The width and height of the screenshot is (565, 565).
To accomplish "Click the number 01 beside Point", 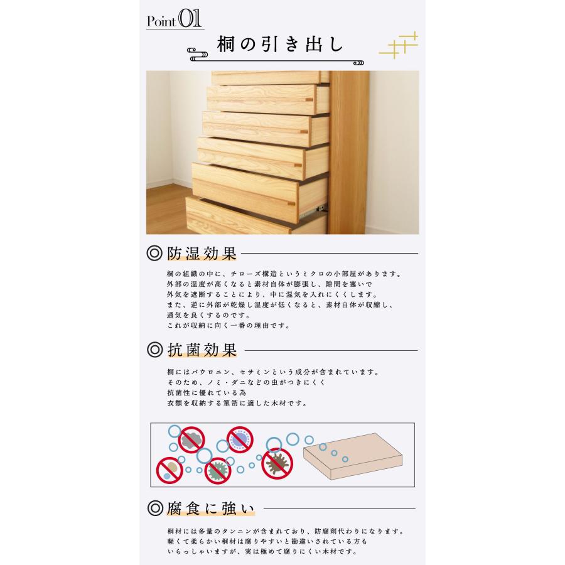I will (190, 18).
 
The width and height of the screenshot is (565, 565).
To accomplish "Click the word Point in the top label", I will (161, 21).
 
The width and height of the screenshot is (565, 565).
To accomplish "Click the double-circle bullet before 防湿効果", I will (154, 254).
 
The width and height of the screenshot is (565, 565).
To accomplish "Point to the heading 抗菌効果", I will (202, 350).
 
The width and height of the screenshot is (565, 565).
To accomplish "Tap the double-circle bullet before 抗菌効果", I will (154, 350).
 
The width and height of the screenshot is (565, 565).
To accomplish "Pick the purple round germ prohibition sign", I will (239, 440).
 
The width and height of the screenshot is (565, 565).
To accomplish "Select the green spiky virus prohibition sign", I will (216, 469).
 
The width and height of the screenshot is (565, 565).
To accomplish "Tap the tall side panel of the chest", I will (347, 151).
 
